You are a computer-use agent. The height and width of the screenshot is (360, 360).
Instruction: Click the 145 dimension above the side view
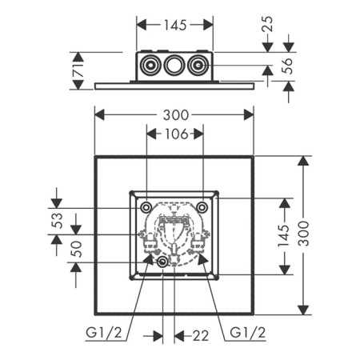tap(174, 25)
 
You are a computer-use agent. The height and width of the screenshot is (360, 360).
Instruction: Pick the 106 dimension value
tap(174, 134)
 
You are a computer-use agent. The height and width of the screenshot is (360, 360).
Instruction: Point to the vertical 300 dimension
tap(303, 235)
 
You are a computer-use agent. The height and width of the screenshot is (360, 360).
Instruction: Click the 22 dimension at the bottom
tap(190, 331)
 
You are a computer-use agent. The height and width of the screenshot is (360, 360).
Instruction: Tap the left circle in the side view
tap(150, 66)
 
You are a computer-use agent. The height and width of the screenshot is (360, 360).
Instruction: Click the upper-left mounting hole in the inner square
tap(146, 207)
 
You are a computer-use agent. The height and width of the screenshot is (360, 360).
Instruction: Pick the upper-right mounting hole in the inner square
tap(202, 207)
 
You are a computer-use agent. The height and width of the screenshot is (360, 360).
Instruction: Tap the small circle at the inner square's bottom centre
tap(163, 262)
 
